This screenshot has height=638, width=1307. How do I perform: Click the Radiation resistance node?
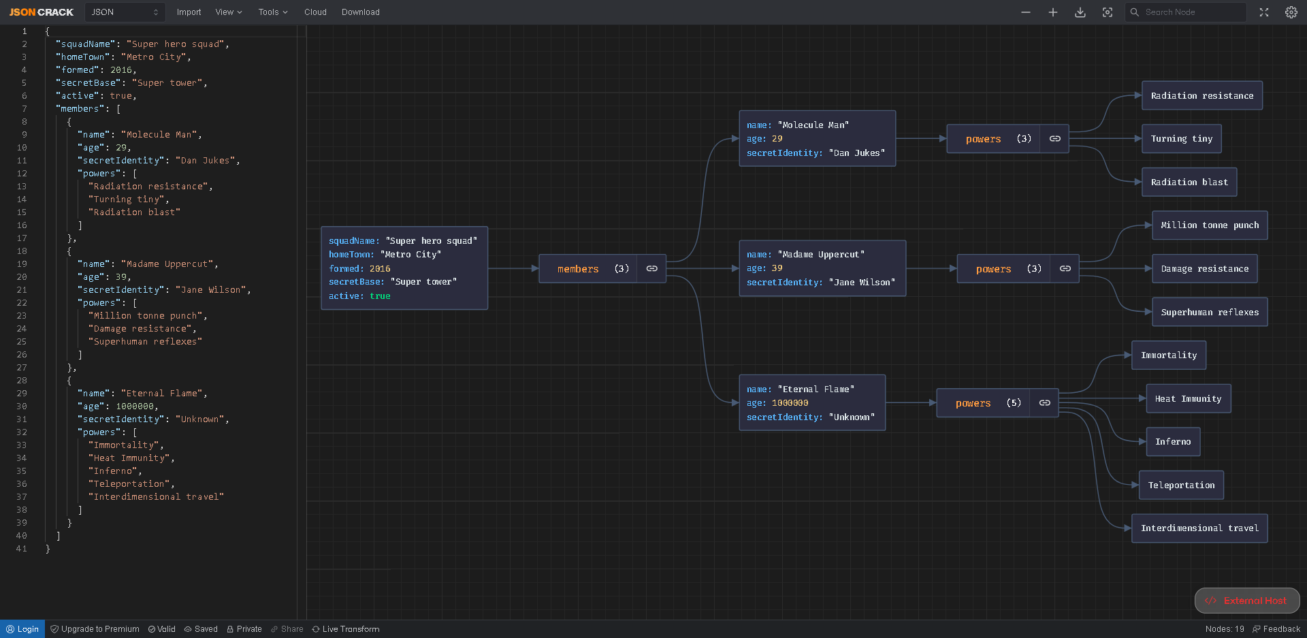point(1201,95)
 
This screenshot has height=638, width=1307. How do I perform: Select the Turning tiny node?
point(1181,139)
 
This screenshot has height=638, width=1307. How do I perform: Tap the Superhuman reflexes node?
point(1210,312)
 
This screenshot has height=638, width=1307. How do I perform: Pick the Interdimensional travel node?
point(1199,528)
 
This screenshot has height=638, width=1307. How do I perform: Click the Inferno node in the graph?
point(1173,442)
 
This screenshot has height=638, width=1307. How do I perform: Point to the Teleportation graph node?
point(1181,485)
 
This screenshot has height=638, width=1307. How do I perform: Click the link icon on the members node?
point(651,269)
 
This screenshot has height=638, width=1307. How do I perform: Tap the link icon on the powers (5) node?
point(1044,403)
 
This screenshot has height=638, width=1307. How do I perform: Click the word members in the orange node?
point(578,269)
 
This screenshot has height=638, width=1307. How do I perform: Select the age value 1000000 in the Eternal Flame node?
point(790,403)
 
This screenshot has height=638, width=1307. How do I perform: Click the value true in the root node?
point(380,296)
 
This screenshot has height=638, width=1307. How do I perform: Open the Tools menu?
point(273,12)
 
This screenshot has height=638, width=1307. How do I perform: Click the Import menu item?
point(189,12)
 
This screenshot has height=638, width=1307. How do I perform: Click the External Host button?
point(1247,601)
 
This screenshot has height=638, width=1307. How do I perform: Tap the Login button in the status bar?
point(22,629)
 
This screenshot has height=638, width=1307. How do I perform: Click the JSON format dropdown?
point(125,12)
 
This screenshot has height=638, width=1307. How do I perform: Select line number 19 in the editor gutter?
point(22,264)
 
